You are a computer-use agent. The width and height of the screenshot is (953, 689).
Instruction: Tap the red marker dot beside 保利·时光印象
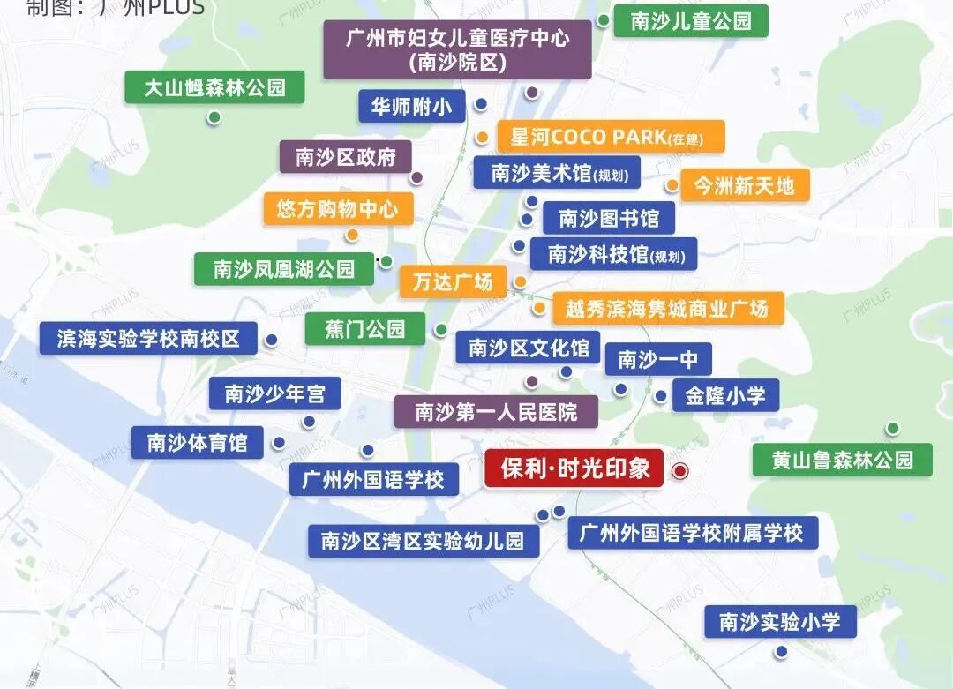coord(679,471)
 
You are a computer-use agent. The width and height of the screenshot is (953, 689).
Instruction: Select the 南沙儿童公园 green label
coord(691,21)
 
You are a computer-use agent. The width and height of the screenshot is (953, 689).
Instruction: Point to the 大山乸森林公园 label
coord(214,87)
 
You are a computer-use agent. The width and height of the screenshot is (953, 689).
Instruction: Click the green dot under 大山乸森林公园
coord(214,117)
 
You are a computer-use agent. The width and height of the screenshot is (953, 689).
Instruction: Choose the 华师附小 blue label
coord(411,107)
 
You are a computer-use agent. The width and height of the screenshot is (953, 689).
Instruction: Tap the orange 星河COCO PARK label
coord(612,137)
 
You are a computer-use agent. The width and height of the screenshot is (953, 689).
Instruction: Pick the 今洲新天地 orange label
coord(743,186)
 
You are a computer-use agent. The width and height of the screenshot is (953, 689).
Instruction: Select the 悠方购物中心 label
coord(338,209)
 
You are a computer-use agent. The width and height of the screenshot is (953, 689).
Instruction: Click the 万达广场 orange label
coord(453,282)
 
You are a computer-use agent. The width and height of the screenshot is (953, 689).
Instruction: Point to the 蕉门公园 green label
coord(364,329)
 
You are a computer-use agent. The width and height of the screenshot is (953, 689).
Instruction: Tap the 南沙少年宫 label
coord(274,393)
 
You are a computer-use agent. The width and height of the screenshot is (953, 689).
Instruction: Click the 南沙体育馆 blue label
coord(197,442)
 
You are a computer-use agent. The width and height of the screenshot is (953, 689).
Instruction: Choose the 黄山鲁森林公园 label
coord(841,460)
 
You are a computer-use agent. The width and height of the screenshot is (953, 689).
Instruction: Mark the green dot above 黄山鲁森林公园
coord(892,429)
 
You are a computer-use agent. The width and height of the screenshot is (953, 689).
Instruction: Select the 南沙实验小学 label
coord(780,622)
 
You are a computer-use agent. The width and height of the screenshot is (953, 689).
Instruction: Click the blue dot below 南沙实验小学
coord(781,652)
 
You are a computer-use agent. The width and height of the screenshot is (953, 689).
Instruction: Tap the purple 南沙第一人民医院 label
coord(495,412)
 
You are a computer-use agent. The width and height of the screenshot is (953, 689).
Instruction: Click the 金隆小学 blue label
coord(725,395)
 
